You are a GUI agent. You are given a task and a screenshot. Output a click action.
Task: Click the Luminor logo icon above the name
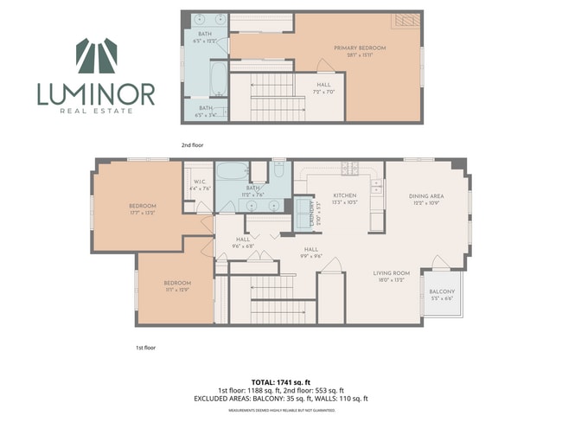point(95,56)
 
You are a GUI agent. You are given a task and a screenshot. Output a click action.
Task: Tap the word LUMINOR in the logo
point(95,93)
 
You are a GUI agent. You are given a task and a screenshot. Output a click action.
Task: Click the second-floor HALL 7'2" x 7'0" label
point(324,87)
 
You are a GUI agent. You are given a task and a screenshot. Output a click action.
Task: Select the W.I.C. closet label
point(199,185)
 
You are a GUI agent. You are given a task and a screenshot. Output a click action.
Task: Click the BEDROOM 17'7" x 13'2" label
point(141,208)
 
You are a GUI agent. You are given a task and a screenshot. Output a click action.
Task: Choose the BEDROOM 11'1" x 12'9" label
point(176,286)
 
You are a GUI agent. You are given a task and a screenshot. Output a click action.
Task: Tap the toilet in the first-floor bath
point(278,170)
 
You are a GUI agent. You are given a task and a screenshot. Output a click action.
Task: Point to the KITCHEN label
point(334,200)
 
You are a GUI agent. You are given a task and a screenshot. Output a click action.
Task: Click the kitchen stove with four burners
point(349,169)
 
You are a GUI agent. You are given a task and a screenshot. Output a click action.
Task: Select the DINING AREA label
point(425,200)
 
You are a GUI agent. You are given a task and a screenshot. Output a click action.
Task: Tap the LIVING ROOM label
point(390,277)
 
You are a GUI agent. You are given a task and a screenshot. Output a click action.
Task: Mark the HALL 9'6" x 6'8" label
point(243,243)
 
